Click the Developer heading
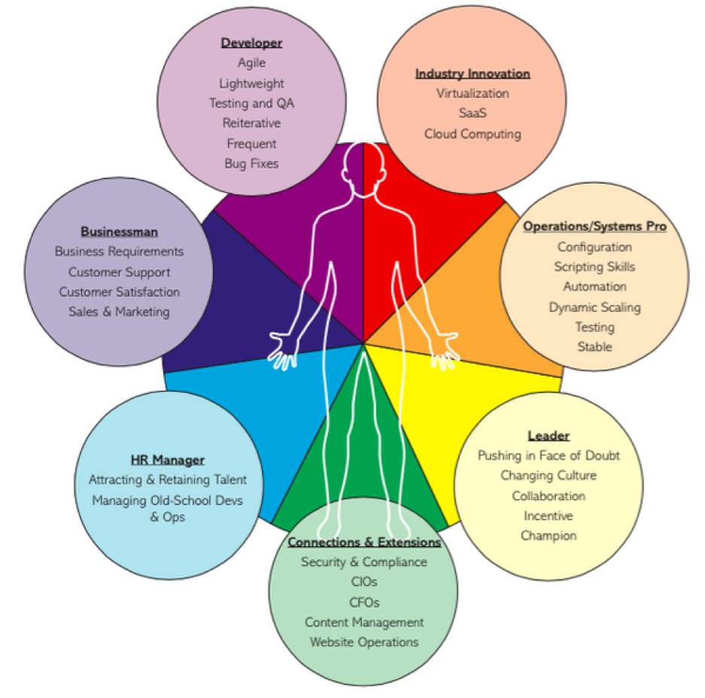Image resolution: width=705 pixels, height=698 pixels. coord(251,43)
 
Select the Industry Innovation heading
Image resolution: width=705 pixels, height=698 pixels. coord(473,73)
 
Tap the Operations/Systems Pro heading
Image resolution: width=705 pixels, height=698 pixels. coord(594,227)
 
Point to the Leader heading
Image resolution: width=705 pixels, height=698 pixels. coord(549,436)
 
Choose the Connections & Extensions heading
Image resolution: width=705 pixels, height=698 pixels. coord(364,542)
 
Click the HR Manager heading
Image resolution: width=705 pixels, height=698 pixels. coord(168,460)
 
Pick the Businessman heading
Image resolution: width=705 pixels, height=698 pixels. coord(119,232)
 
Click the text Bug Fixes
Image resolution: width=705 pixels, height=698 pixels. coord(251,164)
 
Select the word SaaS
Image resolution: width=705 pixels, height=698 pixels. coord(473,113)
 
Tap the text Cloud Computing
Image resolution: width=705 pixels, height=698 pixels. coord(473,134)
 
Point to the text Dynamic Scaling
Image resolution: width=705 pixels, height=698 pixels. coord(594,307)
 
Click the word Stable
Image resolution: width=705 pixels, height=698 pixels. coord(594,347)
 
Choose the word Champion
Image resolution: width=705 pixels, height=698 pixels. coord(549,536)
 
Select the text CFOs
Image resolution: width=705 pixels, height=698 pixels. coord(364,602)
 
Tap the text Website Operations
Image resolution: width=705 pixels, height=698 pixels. coord(364,642)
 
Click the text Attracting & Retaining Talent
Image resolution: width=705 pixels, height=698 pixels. coord(168,480)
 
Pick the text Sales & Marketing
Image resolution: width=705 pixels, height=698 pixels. coord(119,312)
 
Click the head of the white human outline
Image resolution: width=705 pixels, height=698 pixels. coord(363,169)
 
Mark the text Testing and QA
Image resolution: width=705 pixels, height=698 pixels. coord(251,103)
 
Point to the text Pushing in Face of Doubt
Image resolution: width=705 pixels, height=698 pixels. coord(549,456)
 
